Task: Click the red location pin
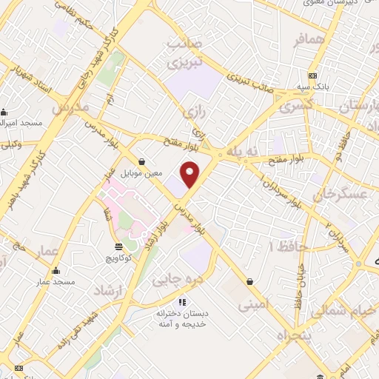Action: [191, 174]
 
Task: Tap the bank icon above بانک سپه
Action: [313, 76]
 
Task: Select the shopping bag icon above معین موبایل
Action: [141, 161]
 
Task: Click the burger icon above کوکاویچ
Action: [119, 246]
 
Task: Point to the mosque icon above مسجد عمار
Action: [56, 270]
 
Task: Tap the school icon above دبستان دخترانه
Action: [182, 301]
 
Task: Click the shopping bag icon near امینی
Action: [250, 281]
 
